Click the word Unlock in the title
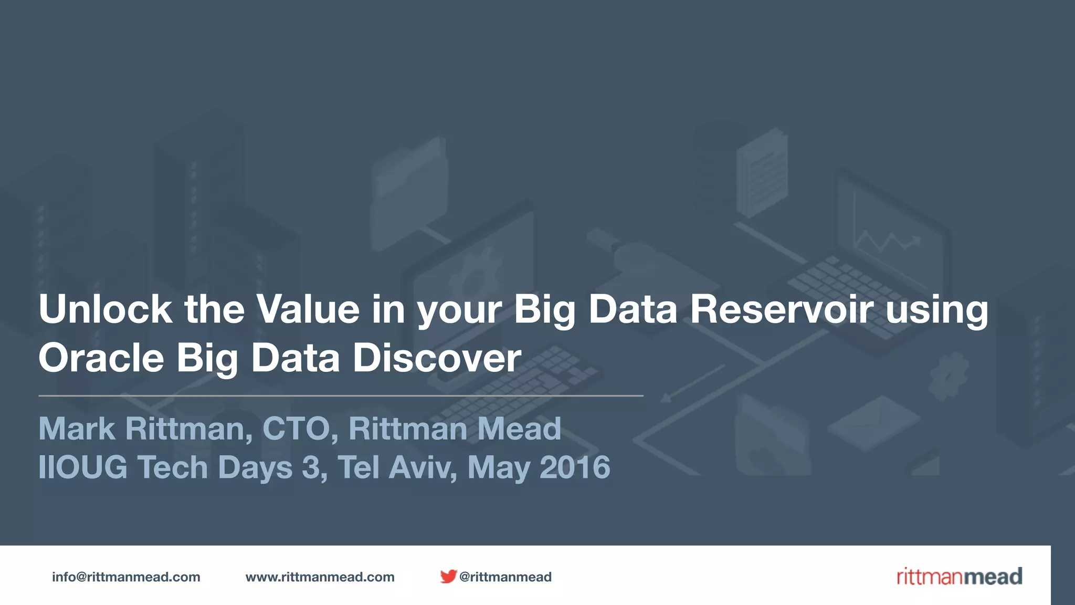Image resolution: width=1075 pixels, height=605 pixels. (105, 309)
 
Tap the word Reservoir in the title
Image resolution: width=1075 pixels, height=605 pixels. (781, 309)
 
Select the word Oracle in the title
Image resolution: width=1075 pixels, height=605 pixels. (101, 358)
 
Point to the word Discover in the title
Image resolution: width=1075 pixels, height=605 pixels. (437, 358)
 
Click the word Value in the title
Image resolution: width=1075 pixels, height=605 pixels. (308, 309)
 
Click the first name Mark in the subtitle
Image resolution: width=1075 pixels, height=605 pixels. (77, 429)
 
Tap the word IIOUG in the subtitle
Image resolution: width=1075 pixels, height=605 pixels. (83, 467)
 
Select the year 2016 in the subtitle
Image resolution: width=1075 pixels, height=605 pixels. (575, 467)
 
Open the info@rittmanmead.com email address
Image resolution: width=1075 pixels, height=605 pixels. (126, 577)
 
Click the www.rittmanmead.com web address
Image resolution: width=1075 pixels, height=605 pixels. (320, 577)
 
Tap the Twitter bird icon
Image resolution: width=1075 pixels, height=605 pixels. (448, 577)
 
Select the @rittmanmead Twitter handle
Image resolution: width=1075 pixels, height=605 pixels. (505, 577)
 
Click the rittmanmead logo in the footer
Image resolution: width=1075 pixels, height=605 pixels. (959, 577)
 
